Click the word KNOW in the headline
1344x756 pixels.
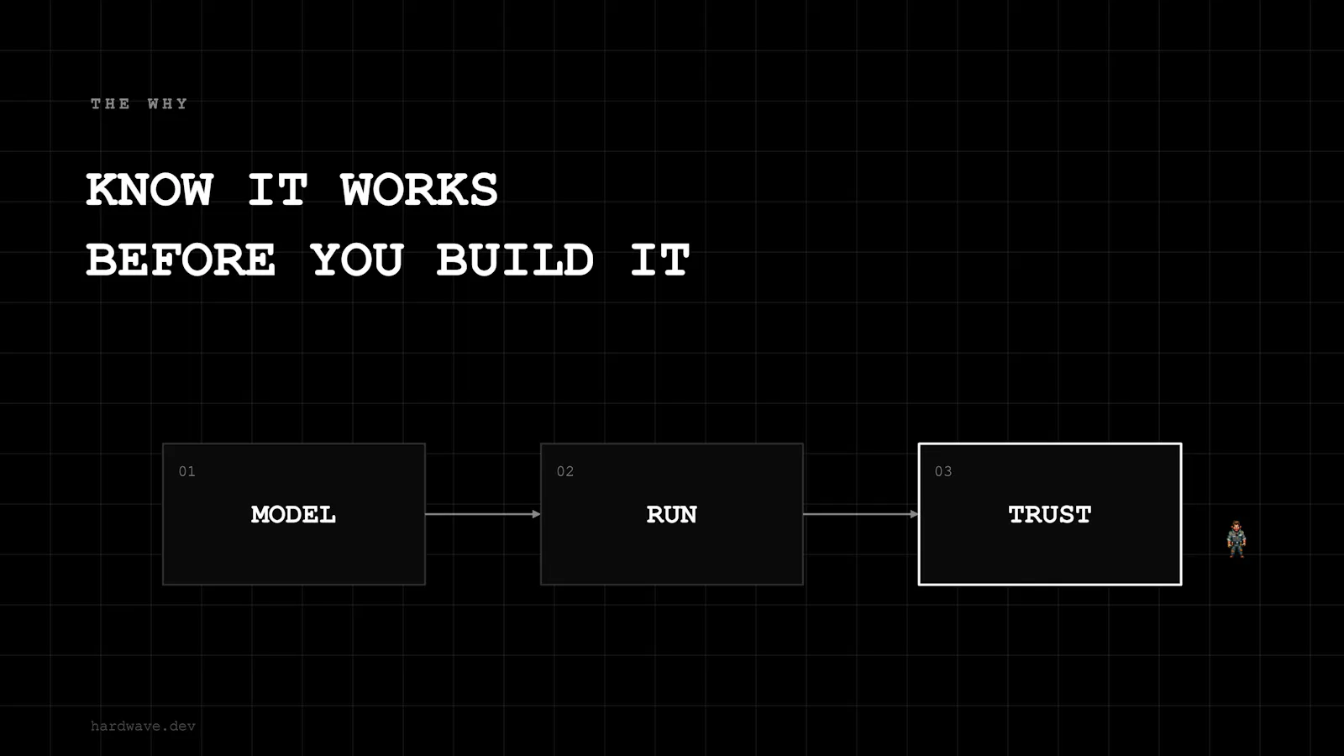150,190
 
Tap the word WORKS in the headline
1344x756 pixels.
419,190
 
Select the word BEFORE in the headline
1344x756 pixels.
181,260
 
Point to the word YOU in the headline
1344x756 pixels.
357,260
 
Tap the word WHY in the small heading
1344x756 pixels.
167,104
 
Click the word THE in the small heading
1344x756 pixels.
110,104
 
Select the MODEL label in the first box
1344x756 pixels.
293,515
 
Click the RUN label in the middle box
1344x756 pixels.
671,515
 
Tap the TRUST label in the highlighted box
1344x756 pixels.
1049,515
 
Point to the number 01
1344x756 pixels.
187,471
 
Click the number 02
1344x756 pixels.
565,471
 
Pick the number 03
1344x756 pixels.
943,471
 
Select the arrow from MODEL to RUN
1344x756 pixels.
483,514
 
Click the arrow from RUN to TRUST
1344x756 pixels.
861,514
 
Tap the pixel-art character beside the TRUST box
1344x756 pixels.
1236,539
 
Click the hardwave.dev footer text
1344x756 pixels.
143,726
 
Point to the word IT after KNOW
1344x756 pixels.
278,190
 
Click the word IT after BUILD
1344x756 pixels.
660,260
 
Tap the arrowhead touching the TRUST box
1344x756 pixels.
915,514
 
